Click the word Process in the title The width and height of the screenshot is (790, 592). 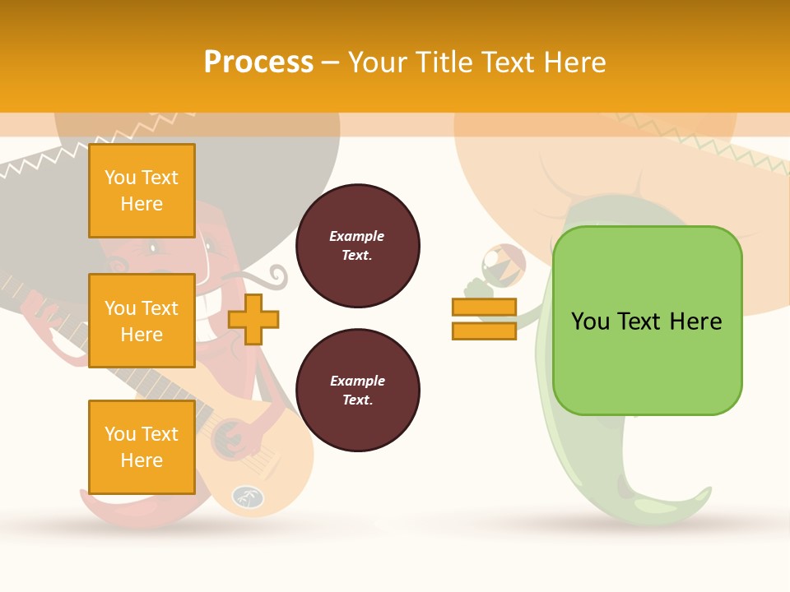(258, 62)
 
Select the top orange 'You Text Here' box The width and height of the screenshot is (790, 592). (142, 191)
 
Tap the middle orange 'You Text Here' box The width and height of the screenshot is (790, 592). (142, 321)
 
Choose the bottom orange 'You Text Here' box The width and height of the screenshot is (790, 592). (142, 447)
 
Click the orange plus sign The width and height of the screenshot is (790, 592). (253, 318)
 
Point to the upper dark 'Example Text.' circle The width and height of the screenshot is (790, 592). (357, 246)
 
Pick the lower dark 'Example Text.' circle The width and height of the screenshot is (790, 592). (357, 390)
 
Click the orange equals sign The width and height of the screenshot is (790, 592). (484, 319)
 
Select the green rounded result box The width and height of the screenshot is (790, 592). (647, 321)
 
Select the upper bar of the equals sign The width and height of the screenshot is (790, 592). (484, 308)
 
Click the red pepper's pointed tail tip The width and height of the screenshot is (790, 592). (85, 494)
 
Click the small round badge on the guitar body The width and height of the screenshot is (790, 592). (246, 497)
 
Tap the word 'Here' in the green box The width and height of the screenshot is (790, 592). (695, 321)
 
